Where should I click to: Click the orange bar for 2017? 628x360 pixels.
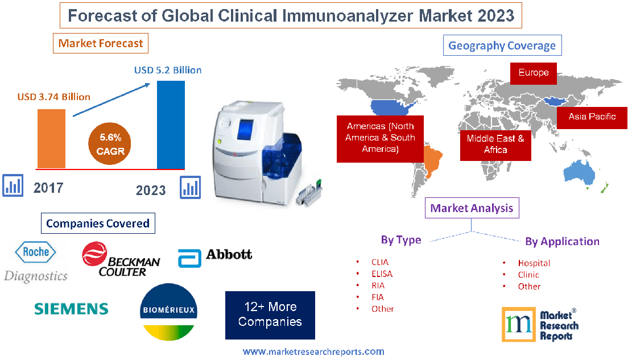point(51,138)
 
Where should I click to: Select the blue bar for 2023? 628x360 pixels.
point(171,125)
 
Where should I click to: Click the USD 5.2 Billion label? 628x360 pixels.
point(168,71)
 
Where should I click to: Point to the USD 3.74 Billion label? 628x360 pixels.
point(53,97)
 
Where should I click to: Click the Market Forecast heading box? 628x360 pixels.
point(101,43)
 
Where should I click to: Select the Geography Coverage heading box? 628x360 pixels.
point(502,46)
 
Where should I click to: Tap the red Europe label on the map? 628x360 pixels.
point(533,73)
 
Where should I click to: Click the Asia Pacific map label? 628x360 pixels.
point(592,117)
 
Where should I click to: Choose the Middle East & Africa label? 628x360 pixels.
point(495,144)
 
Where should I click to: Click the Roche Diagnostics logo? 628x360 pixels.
point(35,262)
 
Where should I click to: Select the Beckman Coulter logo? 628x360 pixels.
point(120,259)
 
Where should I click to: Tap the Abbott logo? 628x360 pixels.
point(215,256)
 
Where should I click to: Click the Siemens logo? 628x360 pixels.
point(71,309)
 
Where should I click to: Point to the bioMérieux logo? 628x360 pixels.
point(168,312)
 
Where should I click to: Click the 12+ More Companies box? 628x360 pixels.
point(270,315)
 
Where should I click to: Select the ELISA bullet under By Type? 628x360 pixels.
point(381,274)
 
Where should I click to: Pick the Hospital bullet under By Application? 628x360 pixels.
point(533,263)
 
